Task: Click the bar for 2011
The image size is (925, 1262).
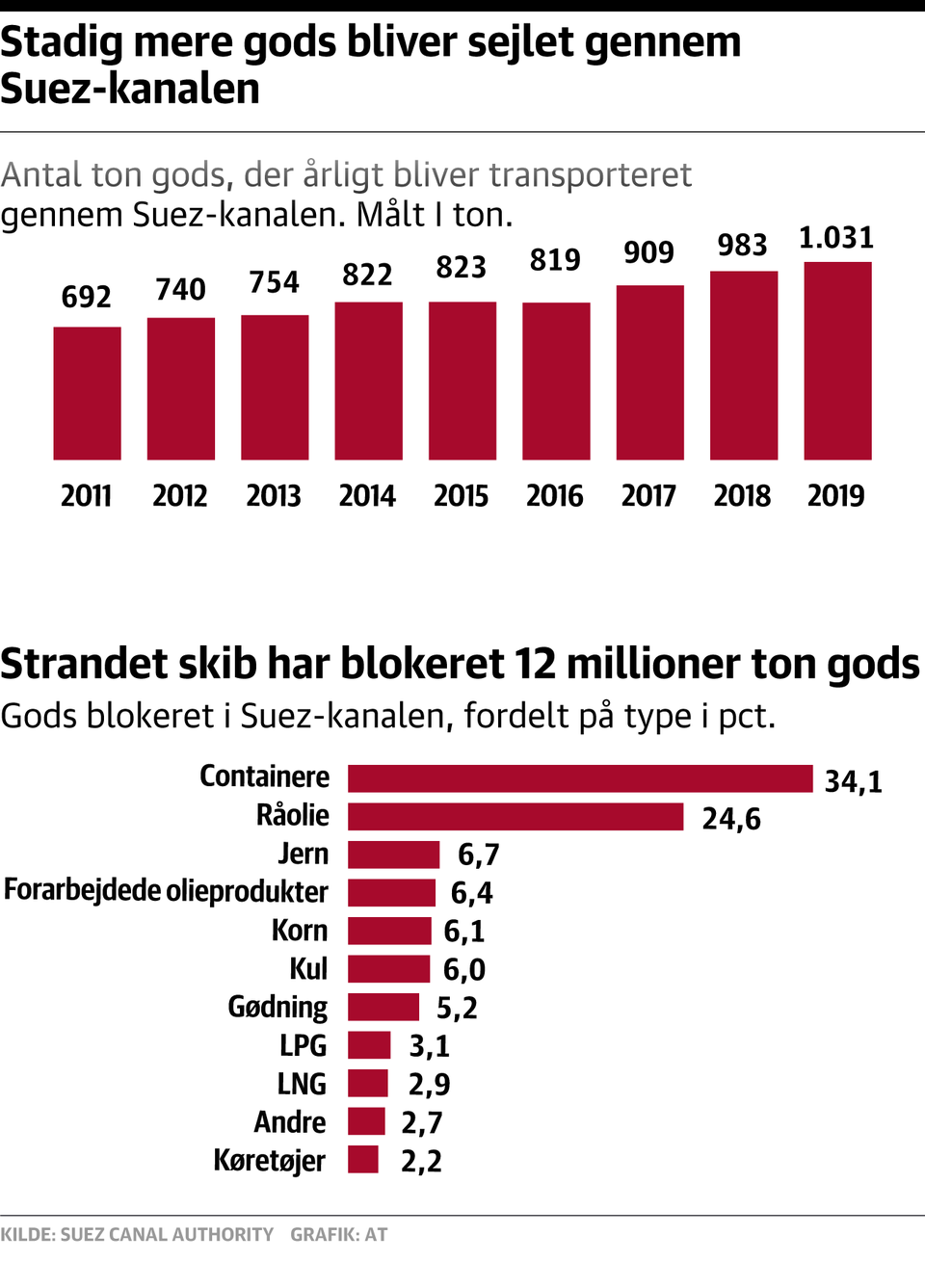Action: click(x=87, y=393)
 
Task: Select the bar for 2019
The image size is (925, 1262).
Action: click(x=837, y=360)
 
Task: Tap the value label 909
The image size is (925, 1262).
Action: click(x=648, y=252)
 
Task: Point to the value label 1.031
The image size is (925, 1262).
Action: click(x=836, y=238)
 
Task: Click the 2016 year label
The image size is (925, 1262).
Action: click(x=555, y=496)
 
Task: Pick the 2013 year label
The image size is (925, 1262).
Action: click(x=274, y=496)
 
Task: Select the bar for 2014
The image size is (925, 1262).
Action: click(x=368, y=381)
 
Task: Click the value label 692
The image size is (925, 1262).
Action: click(x=87, y=297)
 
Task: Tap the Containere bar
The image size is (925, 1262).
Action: click(x=580, y=778)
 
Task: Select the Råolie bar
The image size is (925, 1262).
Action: click(x=515, y=817)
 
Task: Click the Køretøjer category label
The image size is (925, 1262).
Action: click(x=269, y=1161)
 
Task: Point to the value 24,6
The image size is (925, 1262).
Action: click(x=731, y=819)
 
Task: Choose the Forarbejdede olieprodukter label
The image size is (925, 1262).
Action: click(x=166, y=891)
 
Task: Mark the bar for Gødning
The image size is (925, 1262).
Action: click(x=383, y=1007)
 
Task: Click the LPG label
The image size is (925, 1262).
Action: click(x=303, y=1045)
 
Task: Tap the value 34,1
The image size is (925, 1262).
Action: click(x=853, y=781)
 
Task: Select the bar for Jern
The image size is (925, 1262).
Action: click(x=393, y=854)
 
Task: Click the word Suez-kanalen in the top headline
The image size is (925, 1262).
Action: click(x=130, y=89)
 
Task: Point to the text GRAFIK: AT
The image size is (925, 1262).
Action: click(x=339, y=1234)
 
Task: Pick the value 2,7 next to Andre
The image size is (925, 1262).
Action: click(x=422, y=1123)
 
